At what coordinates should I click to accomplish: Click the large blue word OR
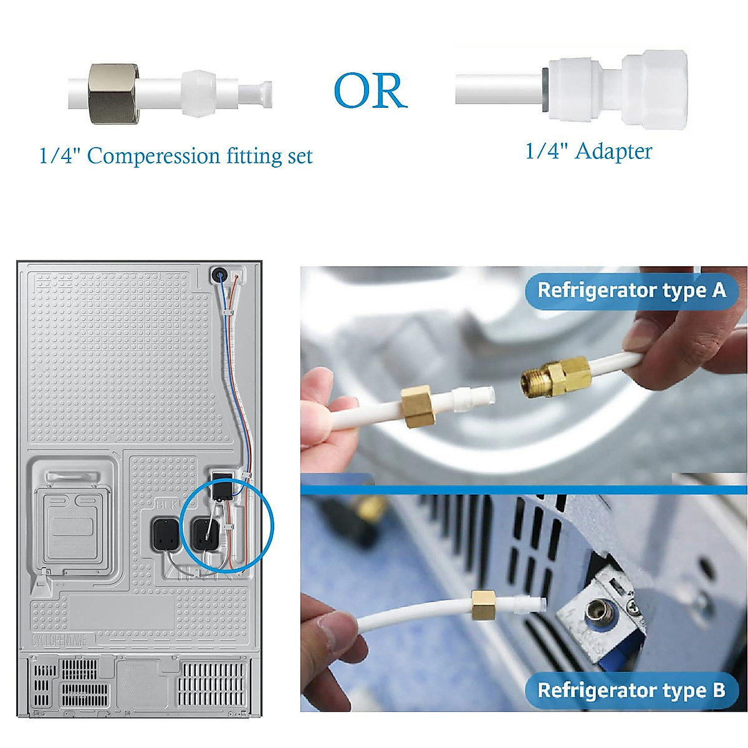[370, 91]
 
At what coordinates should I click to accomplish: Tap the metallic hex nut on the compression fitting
[113, 93]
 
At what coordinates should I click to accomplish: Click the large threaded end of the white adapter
[654, 89]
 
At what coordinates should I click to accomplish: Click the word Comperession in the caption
[153, 156]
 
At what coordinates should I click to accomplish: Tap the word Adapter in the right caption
[613, 151]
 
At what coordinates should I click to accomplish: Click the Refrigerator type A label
[631, 290]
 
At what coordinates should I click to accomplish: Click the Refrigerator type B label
[631, 690]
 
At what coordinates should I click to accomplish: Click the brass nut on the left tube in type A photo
[416, 406]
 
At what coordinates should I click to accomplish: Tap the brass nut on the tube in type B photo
[483, 606]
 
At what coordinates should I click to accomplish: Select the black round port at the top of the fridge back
[219, 274]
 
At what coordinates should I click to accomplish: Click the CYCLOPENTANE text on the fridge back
[59, 640]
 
